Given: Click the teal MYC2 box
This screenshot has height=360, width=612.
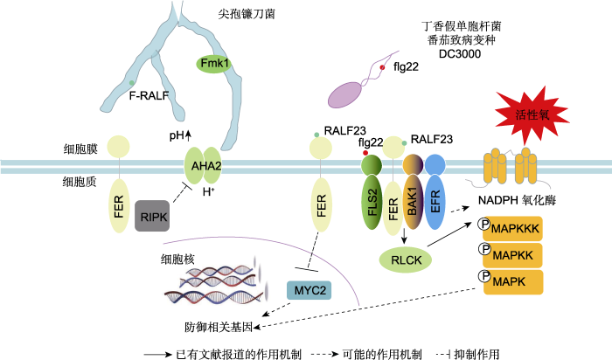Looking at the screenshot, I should [309, 288].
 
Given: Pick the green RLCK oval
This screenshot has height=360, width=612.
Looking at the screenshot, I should [406, 259].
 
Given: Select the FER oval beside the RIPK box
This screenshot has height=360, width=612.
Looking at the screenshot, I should [118, 208].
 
